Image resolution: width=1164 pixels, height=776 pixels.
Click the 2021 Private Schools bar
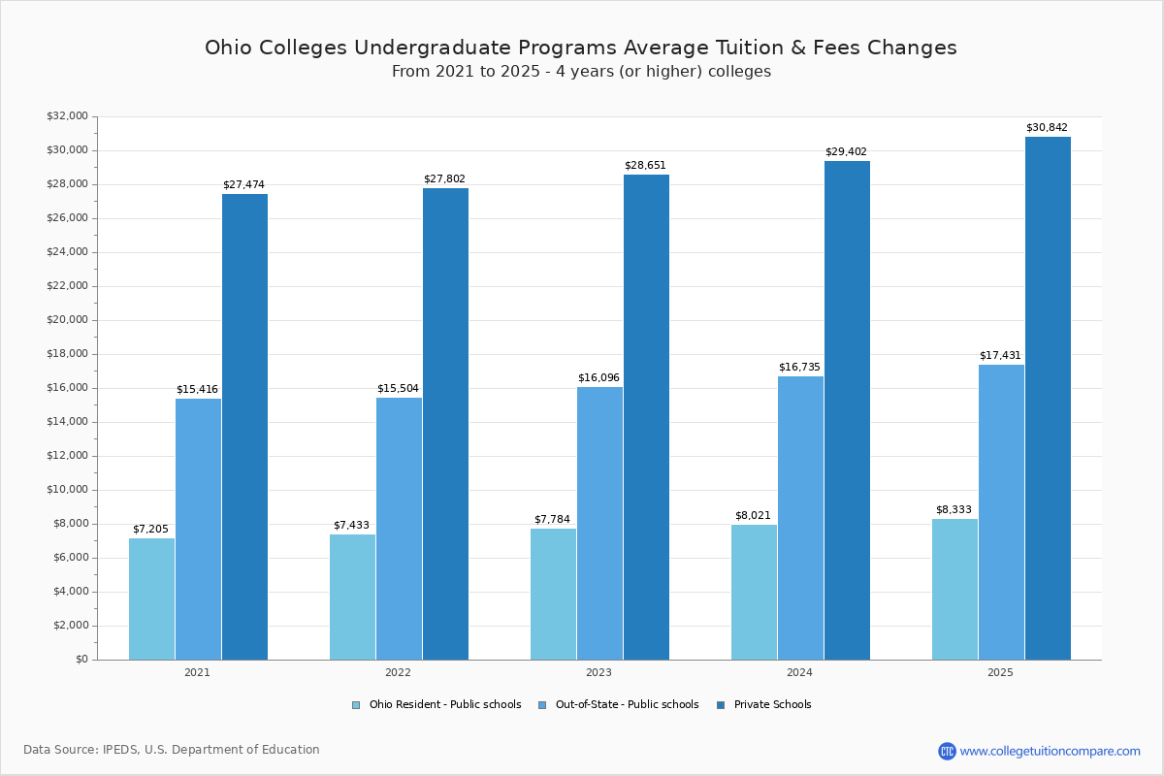tap(244, 427)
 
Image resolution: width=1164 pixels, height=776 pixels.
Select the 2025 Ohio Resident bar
tap(954, 589)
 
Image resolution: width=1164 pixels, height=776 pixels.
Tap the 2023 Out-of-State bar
tap(599, 523)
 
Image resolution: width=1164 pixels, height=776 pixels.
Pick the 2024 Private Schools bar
tap(847, 410)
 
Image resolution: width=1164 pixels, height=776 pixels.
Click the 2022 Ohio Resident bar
tap(352, 597)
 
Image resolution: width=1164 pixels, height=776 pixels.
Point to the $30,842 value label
tap(1047, 128)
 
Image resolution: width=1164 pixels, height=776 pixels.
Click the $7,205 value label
tap(150, 530)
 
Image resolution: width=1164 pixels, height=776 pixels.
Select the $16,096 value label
tap(598, 378)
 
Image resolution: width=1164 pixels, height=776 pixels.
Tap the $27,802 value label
tap(444, 179)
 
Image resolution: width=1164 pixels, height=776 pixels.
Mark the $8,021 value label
tap(753, 516)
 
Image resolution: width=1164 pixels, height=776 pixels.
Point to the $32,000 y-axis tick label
tap(67, 116)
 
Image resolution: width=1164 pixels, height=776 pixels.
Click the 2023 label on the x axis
tap(598, 672)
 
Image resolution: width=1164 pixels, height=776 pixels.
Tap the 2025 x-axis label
tap(1000, 672)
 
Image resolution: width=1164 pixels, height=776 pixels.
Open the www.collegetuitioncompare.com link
tap(1050, 751)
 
